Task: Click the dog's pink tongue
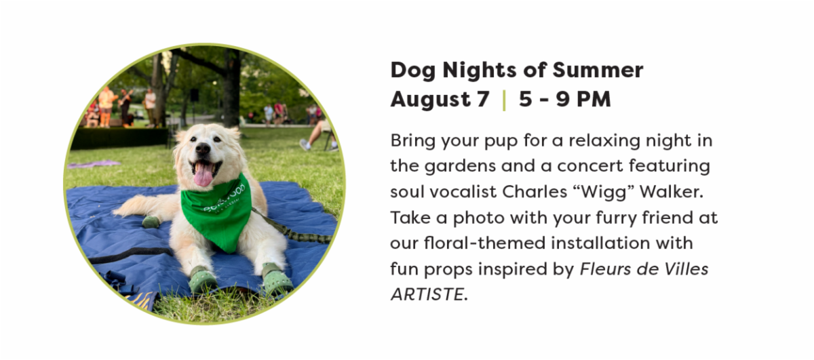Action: pos(203,175)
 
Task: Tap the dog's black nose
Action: pos(203,148)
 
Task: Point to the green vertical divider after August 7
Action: pos(504,100)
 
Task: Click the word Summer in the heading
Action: pos(598,70)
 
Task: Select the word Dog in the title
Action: pos(413,71)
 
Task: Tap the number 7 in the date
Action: pos(483,99)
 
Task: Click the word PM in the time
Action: pos(594,99)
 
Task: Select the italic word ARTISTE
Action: pos(427,294)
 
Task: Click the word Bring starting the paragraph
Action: pos(413,141)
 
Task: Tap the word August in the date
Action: pos(430,100)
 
